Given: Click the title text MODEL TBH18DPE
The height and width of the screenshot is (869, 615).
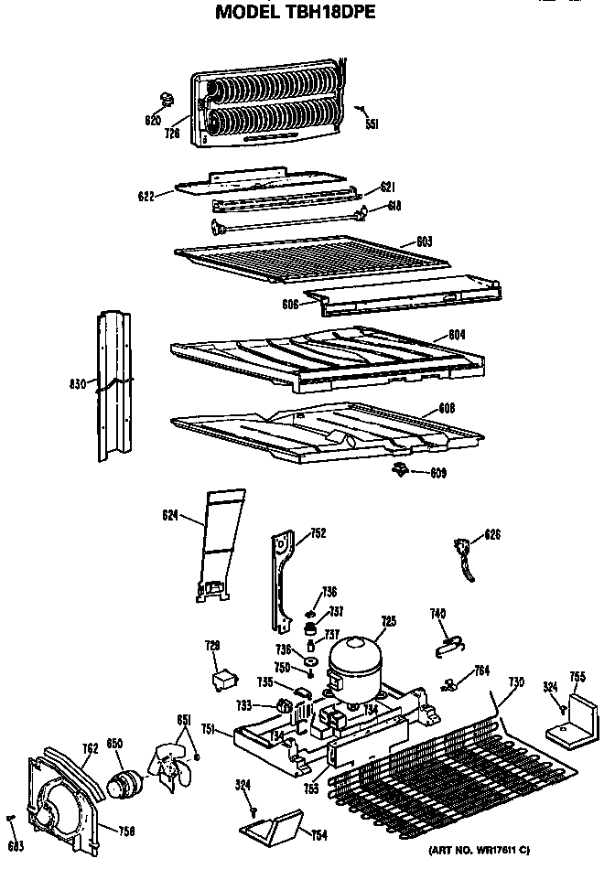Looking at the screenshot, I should click(294, 14).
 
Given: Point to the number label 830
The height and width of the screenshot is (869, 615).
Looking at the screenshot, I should click(76, 385).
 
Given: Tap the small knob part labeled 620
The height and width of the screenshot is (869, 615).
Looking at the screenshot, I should click(165, 98).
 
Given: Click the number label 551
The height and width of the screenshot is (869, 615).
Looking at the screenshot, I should click(372, 123).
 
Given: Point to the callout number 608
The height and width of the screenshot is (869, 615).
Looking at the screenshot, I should click(448, 407).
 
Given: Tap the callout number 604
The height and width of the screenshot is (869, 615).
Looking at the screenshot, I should click(458, 335).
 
